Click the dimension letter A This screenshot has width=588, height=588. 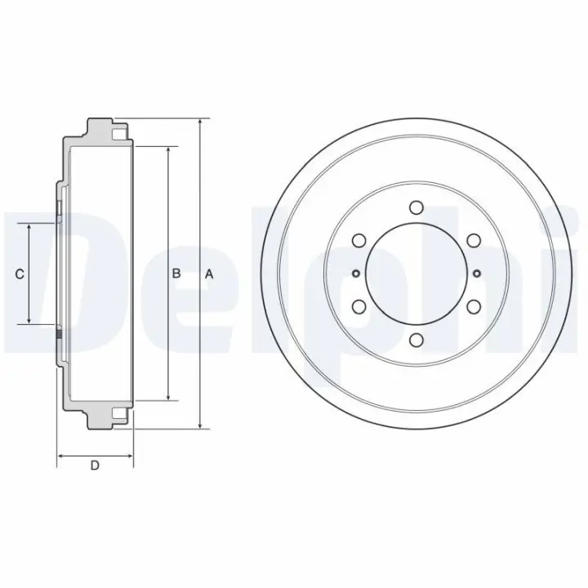coord(209,274)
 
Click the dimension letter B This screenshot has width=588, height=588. coord(176,274)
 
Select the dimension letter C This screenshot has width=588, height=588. coord(20,274)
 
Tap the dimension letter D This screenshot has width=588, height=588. coord(95,465)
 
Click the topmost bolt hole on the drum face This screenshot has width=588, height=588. coord(416,207)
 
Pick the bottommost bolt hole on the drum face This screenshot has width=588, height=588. coord(416,340)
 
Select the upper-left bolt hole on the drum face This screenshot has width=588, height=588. coord(359,240)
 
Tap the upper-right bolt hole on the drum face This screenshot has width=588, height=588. coord(474,240)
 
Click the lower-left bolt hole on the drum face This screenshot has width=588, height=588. coord(359,307)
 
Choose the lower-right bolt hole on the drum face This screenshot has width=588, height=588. coord(474,307)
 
